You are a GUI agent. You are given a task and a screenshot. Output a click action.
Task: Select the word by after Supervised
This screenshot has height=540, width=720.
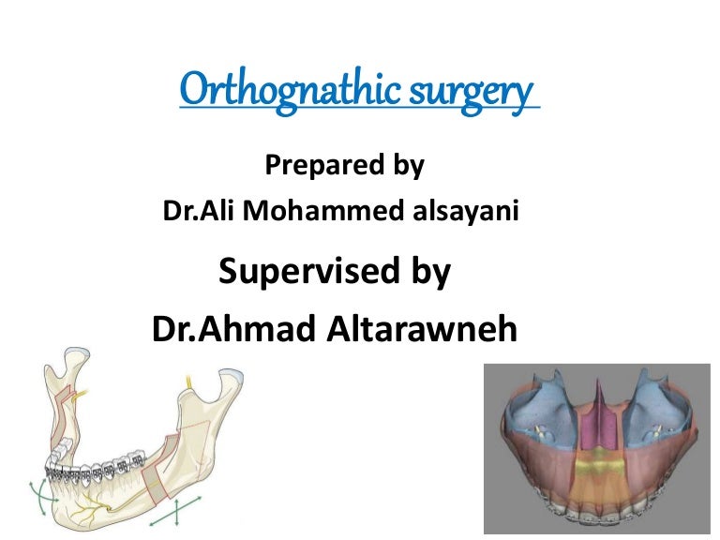(x=427, y=272)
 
